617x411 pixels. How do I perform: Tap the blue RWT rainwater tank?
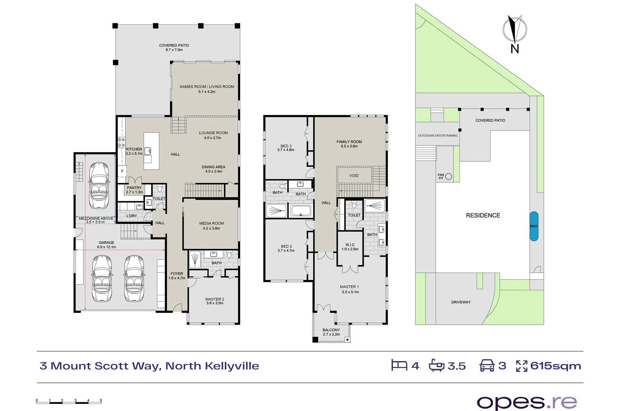[x=534, y=226]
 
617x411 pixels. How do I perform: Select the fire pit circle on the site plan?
[x=449, y=176]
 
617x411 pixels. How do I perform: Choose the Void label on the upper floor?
[x=354, y=175]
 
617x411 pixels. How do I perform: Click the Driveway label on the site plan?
[x=461, y=302]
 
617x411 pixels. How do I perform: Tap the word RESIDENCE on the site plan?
[x=483, y=215]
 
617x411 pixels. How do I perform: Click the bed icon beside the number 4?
[x=399, y=365]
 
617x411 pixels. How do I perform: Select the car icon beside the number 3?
[x=487, y=365]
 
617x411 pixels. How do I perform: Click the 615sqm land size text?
[x=555, y=366]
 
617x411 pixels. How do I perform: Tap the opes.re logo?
[x=527, y=402]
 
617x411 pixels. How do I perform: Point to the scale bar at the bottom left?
[x=69, y=401]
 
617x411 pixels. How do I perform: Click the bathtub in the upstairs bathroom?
[x=301, y=210]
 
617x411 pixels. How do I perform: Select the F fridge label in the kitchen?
[x=122, y=171]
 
